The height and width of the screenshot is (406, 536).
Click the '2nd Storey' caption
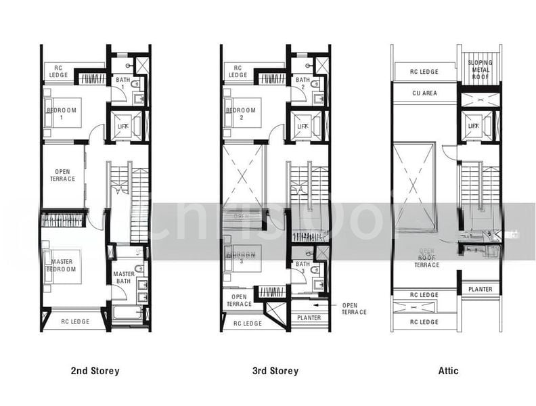(95, 371)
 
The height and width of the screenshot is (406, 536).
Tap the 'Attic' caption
(448, 371)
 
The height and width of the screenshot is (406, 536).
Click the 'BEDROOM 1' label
(63, 113)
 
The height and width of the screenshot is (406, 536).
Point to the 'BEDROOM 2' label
(241, 113)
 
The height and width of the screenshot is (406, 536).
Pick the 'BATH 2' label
(302, 83)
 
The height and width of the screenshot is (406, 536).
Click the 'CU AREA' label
(425, 93)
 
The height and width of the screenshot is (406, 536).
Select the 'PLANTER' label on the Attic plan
(481, 290)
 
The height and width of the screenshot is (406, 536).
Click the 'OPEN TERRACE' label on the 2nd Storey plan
(62, 175)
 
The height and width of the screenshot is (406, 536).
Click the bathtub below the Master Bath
(127, 313)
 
